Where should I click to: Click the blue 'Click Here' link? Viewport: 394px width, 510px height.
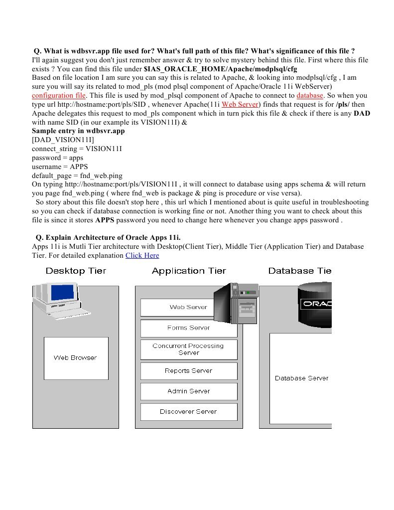142,255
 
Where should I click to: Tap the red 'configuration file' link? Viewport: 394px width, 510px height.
59,95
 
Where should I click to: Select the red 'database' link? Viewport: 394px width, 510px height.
310,95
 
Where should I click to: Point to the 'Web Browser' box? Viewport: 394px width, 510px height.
76,358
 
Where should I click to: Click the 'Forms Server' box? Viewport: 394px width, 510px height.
188,328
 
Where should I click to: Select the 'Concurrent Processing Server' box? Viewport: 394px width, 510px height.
188,349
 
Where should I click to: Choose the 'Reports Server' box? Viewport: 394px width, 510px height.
188,371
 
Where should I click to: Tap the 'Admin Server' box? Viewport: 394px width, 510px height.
188,391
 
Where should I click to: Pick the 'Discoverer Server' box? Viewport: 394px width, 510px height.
188,412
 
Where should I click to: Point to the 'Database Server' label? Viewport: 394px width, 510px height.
301,378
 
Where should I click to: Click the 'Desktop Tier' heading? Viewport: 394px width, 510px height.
76,271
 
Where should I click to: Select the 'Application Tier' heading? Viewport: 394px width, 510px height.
189,271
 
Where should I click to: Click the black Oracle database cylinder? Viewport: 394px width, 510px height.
315,305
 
